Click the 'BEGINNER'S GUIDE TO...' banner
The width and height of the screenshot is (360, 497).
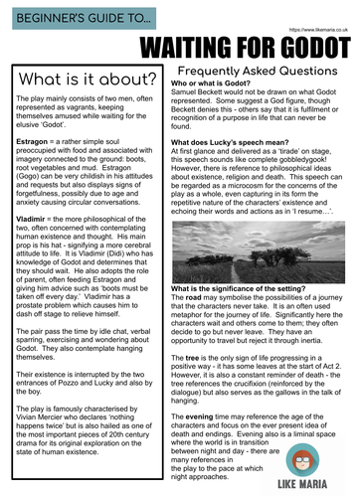pos(75,20)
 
